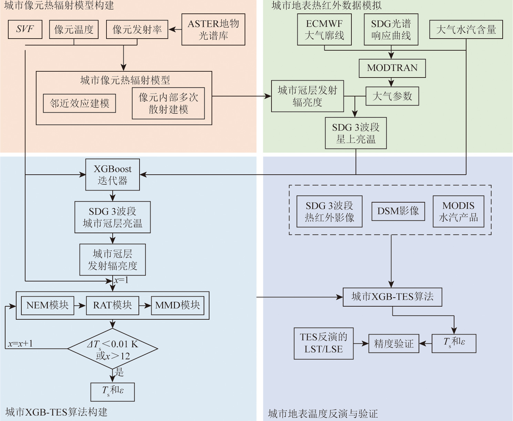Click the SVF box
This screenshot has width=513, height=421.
(x=25, y=29)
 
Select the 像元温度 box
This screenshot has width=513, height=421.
(x=74, y=29)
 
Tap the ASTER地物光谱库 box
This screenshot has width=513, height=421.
(x=213, y=30)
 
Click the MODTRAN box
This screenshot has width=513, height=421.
(x=392, y=68)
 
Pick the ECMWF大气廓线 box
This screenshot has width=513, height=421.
(x=324, y=30)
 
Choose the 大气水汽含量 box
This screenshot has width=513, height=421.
(x=466, y=30)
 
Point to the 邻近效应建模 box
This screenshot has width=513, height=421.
(x=79, y=103)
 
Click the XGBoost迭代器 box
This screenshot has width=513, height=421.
(x=112, y=175)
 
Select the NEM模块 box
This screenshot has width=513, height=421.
(x=48, y=306)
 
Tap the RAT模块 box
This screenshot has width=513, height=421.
(x=112, y=306)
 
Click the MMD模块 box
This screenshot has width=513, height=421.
(x=177, y=306)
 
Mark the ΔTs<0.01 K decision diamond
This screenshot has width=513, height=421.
(x=113, y=349)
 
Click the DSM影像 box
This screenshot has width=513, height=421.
(x=398, y=211)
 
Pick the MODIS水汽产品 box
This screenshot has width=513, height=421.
(x=458, y=212)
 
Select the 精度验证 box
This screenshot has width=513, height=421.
(x=394, y=343)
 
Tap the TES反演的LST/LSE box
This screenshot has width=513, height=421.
(x=324, y=343)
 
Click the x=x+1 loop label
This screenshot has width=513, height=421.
(x=21, y=343)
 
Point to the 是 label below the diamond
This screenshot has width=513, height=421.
(x=119, y=372)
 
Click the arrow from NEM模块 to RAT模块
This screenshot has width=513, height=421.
(x=80, y=306)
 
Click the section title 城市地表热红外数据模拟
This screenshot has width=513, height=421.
(x=326, y=6)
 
